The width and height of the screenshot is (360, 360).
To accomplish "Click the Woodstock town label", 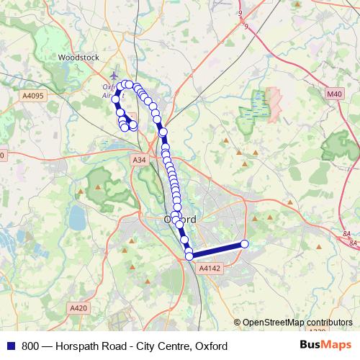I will tap(76, 55).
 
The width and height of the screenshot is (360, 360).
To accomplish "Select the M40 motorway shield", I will tap(333, 94).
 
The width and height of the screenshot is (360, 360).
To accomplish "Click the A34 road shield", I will tap(140, 160).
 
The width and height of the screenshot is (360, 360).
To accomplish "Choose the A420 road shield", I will tap(78, 308).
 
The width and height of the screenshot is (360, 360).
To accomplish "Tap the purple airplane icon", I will tap(114, 75).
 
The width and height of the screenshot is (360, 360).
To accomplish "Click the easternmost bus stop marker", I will tap(244, 244).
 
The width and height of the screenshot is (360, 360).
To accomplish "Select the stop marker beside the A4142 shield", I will tap(189, 256).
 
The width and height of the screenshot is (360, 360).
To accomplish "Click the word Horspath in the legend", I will tap(79, 346).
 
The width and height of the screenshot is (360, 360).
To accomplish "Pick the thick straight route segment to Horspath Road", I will tap(217, 250).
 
